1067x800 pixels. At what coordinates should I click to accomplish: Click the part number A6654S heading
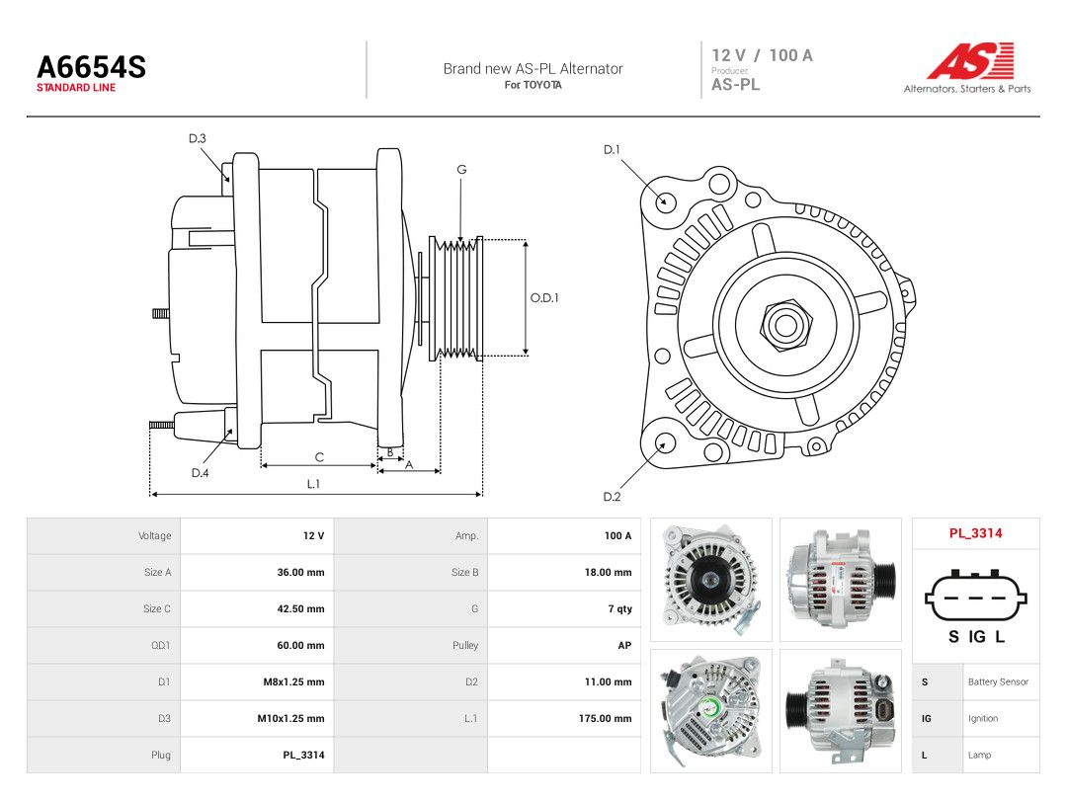point(91,67)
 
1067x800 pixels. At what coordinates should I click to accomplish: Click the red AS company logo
point(970,60)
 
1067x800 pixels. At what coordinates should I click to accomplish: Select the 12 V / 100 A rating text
point(762,55)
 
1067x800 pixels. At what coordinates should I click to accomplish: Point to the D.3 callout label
point(198,139)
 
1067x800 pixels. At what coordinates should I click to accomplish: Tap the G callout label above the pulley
point(461,170)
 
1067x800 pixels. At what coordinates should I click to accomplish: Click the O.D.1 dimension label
point(544,298)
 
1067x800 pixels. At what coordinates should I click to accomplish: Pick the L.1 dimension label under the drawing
point(313,484)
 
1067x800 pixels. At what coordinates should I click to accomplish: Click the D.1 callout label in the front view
point(612,150)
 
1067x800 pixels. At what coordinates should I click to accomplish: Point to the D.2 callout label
point(612,497)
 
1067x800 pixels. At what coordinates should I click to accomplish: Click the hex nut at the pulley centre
point(784,325)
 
